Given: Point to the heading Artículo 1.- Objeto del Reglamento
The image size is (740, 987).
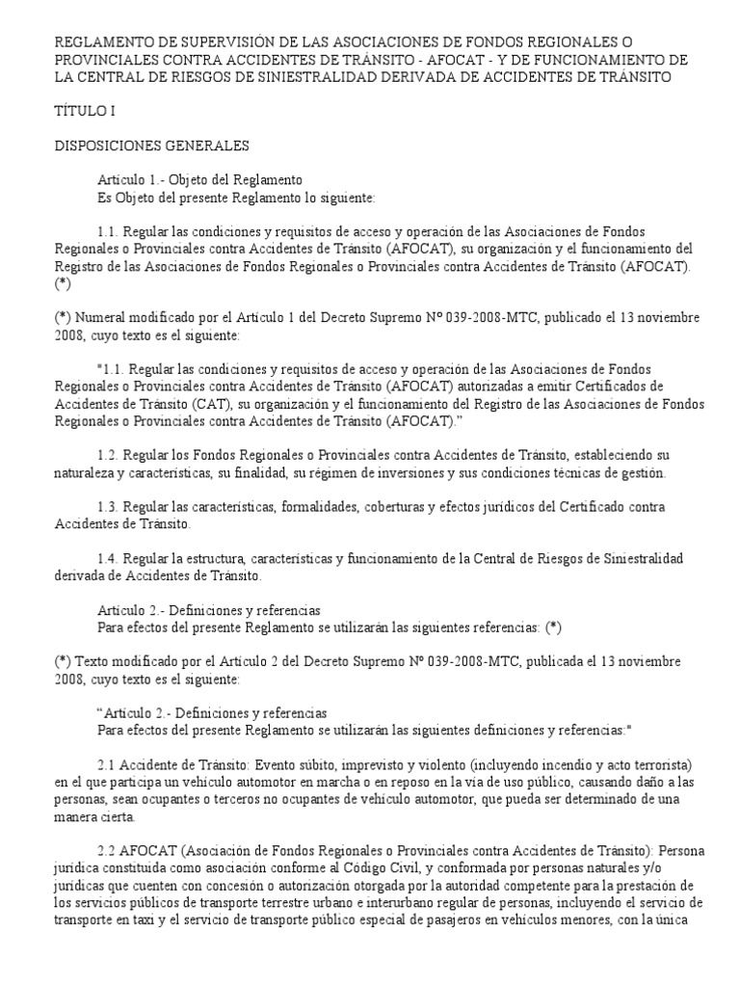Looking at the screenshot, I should (x=200, y=180).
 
